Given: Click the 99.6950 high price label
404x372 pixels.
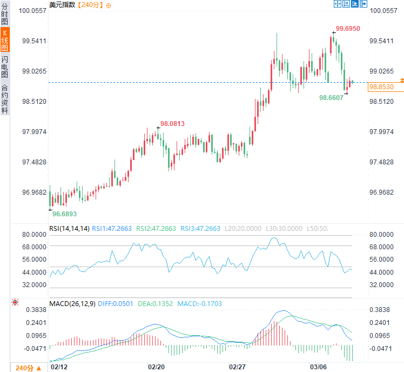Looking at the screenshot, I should coord(348,28).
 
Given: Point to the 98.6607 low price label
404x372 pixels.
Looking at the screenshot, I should coord(331,98).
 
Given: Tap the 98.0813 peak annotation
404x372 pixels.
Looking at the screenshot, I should coord(172,124).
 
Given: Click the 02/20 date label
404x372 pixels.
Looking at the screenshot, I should coord(156,367).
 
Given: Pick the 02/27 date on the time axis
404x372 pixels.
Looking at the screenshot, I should coord(238,367).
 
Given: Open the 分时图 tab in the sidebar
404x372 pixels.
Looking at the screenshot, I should coord(5,14).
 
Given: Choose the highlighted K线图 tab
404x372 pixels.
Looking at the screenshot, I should coord(5,40).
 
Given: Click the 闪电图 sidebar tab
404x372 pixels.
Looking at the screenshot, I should coord(5,67).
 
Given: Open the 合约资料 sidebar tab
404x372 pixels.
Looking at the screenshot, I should coord(5,98).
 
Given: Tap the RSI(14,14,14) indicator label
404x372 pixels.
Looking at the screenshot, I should coord(69,229).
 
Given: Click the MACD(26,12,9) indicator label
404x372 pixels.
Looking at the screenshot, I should coord(72,304).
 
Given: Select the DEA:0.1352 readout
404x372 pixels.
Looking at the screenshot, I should coord(154,304).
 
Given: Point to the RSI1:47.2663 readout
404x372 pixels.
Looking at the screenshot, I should coord(112,229).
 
